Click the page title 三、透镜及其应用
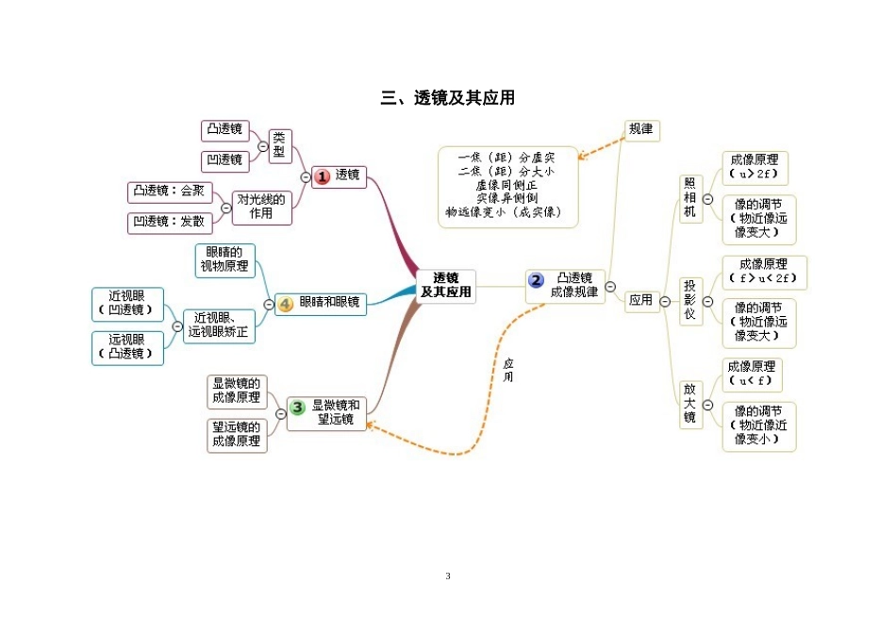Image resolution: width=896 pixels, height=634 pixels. tap(448, 98)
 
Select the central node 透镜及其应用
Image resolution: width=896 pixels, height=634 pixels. tap(446, 285)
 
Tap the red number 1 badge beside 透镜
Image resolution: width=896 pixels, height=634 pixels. tap(323, 175)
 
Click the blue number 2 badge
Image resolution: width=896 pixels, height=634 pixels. tap(537, 279)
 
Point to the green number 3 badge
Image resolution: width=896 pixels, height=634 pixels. tap(298, 408)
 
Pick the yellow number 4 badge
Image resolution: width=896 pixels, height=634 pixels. tap(286, 304)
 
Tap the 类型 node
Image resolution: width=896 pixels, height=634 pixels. tap(279, 145)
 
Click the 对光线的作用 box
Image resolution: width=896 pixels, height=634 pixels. tap(261, 207)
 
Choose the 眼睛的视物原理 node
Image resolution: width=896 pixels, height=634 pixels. tap(224, 259)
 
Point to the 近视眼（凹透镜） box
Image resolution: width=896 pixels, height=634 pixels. tap(127, 303)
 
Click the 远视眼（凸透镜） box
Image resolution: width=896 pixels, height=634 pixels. tap(127, 347)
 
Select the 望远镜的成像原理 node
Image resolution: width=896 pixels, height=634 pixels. tap(237, 433)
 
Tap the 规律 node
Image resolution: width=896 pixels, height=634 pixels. tap(641, 129)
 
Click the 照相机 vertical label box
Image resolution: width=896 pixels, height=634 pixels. tap(690, 198)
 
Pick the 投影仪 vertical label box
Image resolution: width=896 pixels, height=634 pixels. tap(690, 301)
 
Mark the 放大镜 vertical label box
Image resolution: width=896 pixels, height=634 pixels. tap(690, 403)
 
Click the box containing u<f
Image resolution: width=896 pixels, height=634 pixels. tap(751, 374)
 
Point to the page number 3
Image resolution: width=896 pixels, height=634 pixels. tap(448, 576)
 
